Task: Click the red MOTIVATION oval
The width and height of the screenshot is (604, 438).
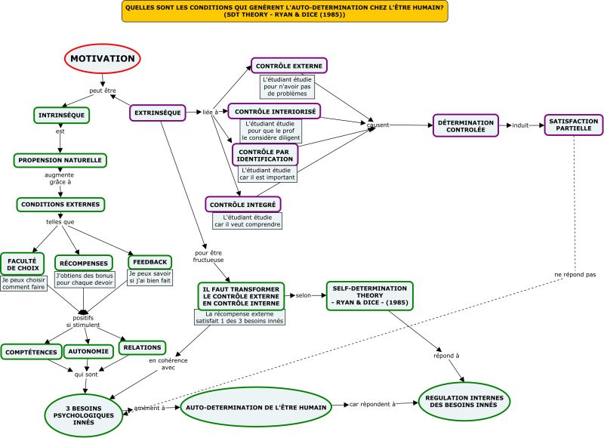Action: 103,59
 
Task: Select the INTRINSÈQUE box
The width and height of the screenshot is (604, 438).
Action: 62,116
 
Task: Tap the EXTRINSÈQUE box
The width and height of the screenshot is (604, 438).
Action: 158,113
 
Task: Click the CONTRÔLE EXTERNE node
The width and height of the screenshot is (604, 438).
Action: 289,66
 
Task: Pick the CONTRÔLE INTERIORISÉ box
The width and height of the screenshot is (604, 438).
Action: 275,111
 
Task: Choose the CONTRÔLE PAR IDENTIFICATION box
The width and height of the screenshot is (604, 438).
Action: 265,156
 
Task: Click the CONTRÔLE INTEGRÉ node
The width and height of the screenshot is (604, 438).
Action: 242,205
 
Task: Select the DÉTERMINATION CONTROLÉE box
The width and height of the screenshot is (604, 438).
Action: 466,125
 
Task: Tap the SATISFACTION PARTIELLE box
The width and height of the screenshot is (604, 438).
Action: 574,125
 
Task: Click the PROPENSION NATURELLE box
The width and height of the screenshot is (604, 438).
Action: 60,160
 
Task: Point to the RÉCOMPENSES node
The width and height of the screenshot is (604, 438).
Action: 84,263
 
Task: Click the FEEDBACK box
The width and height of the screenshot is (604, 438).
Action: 149,262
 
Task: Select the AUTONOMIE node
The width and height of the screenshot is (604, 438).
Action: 88,351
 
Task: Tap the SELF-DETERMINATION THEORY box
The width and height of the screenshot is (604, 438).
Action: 370,295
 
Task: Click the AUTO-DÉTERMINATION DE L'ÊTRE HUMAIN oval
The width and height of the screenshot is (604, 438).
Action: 256,407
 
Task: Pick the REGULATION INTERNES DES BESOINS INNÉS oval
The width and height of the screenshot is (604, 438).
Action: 464,402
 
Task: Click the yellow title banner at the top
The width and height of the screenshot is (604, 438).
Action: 285,11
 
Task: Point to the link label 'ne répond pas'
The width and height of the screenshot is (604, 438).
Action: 575,274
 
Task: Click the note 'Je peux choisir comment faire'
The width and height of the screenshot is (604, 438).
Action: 23,283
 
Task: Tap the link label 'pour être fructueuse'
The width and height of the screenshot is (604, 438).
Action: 208,256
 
